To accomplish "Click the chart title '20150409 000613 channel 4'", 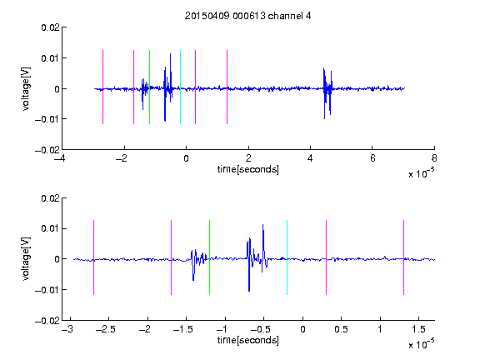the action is tap(248, 16).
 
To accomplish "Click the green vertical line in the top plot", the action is tap(149, 87).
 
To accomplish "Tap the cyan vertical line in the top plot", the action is tap(180, 87).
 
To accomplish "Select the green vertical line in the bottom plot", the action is tap(209, 257).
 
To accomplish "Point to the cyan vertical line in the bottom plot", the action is tap(287, 257).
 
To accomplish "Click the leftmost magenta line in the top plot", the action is tap(102, 87).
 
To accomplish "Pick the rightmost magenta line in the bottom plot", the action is tap(404, 257).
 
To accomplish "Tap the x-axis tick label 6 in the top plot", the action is tap(372, 158).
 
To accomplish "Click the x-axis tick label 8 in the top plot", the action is tap(434, 158).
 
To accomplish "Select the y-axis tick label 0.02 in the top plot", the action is tap(51, 27).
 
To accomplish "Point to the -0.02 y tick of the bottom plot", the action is tap(47, 321).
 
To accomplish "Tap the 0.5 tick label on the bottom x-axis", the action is tap(341, 329).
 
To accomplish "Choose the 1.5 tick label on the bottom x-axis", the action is tap(418, 329).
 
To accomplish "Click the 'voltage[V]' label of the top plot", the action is tap(27, 89).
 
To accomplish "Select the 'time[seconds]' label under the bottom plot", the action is tap(248, 340).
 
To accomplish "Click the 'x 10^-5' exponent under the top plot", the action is tap(421, 173).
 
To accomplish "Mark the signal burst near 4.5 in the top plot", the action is tap(327, 93).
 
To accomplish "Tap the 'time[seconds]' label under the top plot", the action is tap(248, 169).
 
